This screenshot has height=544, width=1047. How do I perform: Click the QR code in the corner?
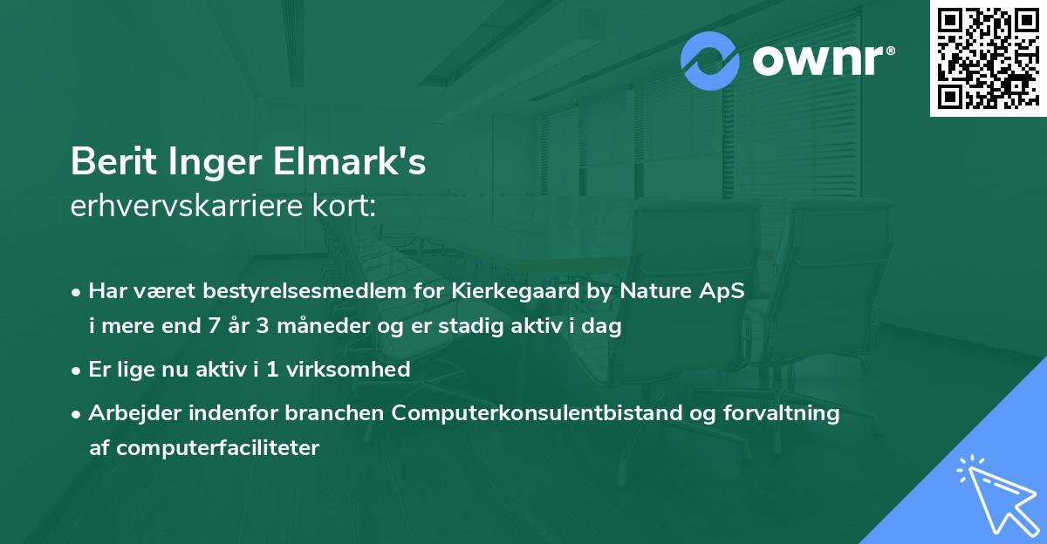pyautogui.click(x=987, y=58)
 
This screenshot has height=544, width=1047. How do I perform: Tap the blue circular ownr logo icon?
pyautogui.click(x=710, y=60)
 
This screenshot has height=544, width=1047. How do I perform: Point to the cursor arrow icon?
pyautogui.click(x=994, y=492)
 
